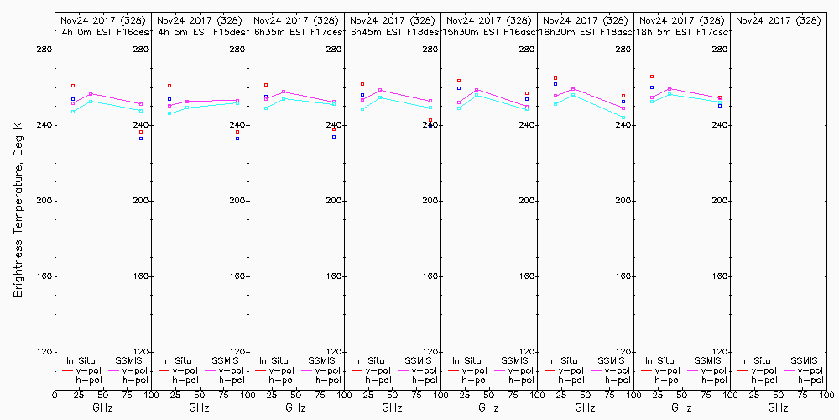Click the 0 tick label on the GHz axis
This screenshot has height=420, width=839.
[x=55, y=395]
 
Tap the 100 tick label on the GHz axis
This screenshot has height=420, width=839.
[x=827, y=395]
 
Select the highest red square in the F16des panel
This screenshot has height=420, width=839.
[x=73, y=86]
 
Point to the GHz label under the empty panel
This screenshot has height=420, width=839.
[x=778, y=407]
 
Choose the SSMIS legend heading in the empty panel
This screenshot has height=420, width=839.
[x=804, y=360]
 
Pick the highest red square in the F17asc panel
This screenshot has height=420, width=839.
[x=652, y=76]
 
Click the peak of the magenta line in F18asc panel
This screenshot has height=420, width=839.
[x=573, y=88]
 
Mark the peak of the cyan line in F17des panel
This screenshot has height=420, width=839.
[x=284, y=98]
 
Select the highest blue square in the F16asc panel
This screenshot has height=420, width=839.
[x=459, y=87]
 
